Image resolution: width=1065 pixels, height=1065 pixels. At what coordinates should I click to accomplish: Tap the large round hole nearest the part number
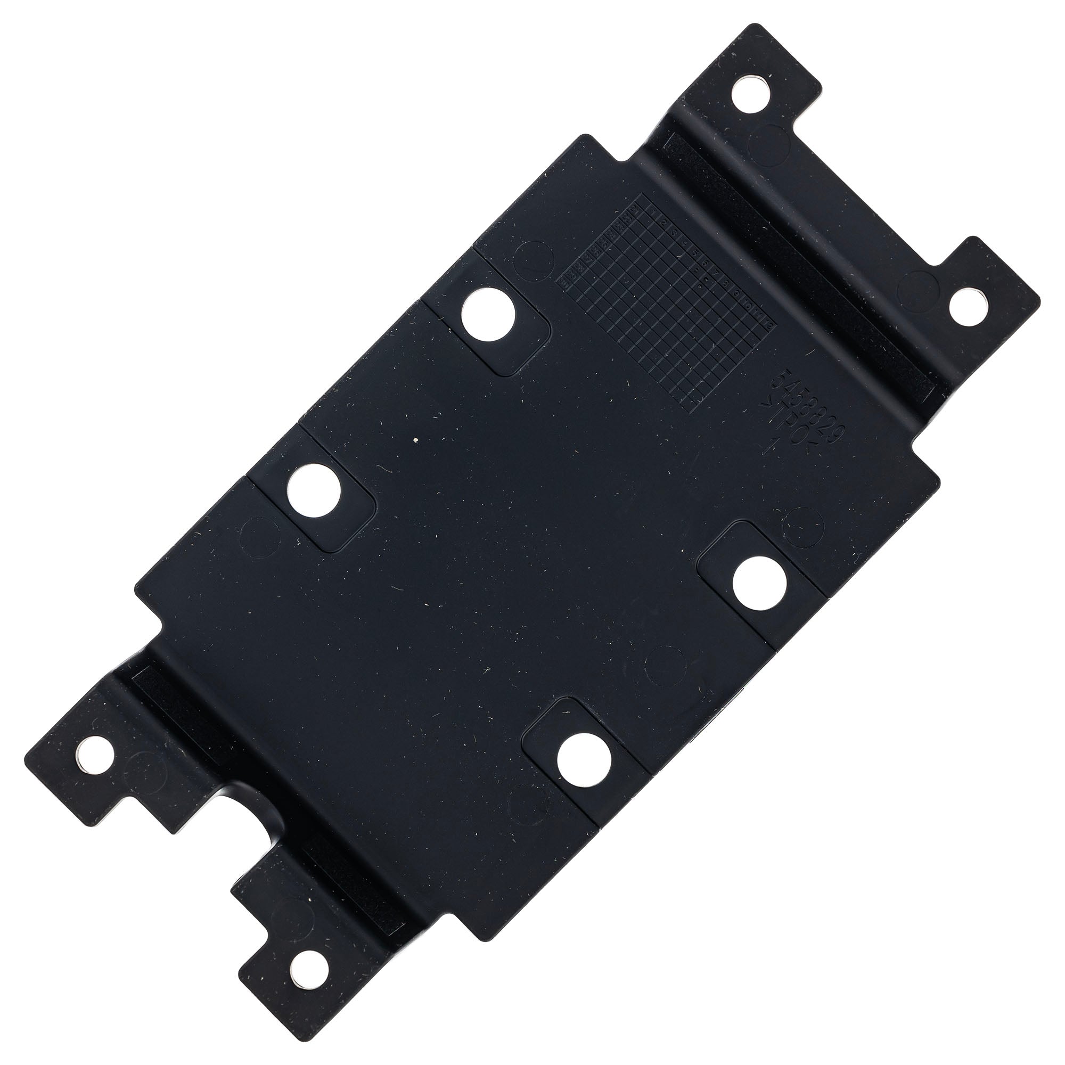[x=760, y=585]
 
